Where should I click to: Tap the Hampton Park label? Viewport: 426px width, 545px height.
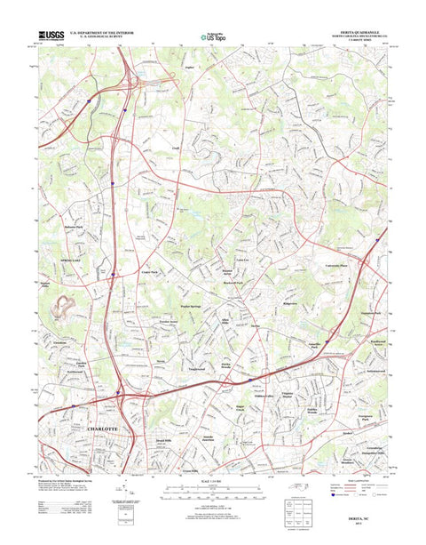pyautogui.click(x=369, y=313)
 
